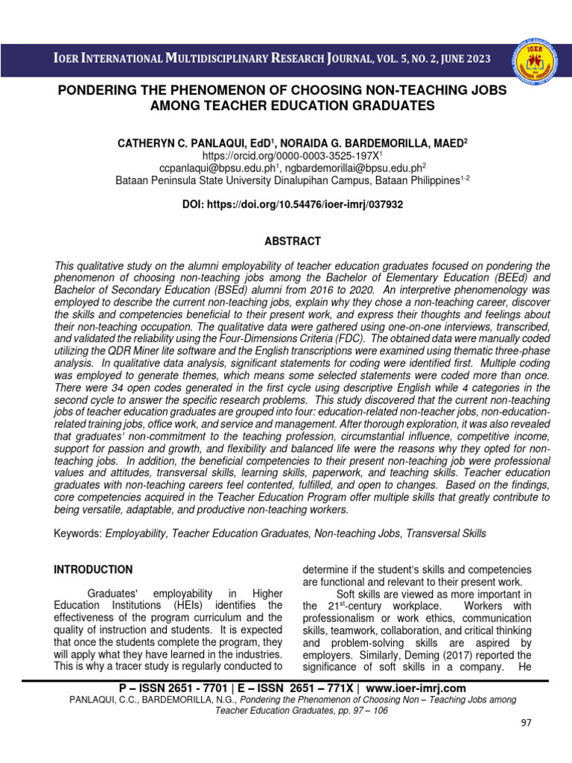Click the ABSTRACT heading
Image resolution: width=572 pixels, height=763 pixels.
[293, 241]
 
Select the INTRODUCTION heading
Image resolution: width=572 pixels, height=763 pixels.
[93, 569]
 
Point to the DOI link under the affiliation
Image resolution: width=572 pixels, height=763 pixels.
[293, 204]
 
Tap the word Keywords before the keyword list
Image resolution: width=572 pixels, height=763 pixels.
[77, 534]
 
